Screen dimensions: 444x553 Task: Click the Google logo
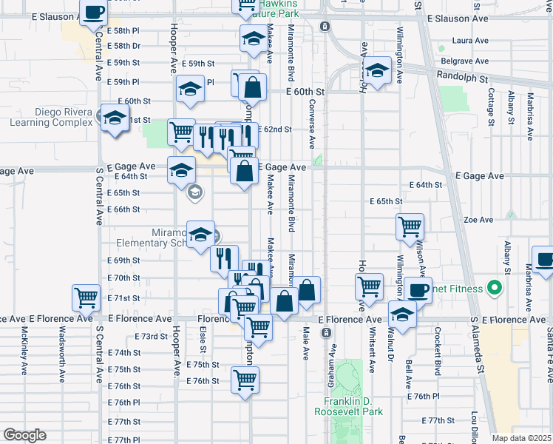24,435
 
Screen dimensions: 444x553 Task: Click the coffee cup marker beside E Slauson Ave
94,12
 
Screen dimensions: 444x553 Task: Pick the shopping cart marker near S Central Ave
86,297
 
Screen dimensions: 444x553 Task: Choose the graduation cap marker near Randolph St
378,71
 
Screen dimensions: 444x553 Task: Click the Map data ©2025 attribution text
521,438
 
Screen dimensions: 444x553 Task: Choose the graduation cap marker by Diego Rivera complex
115,118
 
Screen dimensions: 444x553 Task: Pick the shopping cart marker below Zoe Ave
409,226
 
